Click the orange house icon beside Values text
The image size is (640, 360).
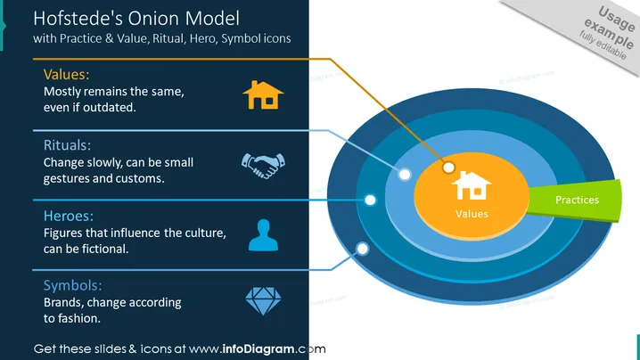(x=263, y=95)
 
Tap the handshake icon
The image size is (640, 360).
(x=263, y=166)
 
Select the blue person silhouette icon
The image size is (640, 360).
(x=263, y=235)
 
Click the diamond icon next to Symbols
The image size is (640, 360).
(x=263, y=301)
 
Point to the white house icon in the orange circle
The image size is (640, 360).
(x=472, y=185)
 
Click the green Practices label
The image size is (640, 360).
(x=576, y=200)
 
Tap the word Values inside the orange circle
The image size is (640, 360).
(x=472, y=214)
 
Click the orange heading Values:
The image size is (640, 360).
(x=66, y=74)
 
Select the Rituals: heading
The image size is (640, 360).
(x=67, y=145)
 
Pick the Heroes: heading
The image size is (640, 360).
(x=68, y=216)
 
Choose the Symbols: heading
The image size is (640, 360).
(x=73, y=285)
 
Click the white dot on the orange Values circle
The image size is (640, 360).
(x=448, y=168)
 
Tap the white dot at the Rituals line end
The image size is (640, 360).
(x=405, y=175)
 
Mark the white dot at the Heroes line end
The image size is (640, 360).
(x=370, y=200)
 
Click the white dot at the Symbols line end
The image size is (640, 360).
(x=363, y=249)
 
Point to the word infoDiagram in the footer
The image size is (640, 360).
(x=258, y=349)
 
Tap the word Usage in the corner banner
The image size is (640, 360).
(x=616, y=18)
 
